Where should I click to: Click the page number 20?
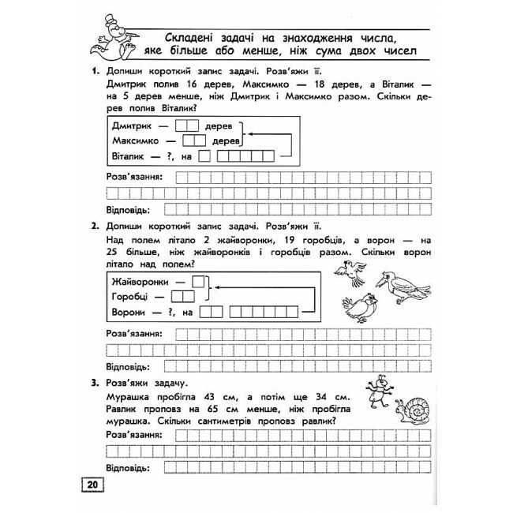click(92, 485)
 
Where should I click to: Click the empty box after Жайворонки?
click(200, 281)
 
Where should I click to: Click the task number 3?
click(94, 384)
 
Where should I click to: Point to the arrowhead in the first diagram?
click(249, 134)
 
